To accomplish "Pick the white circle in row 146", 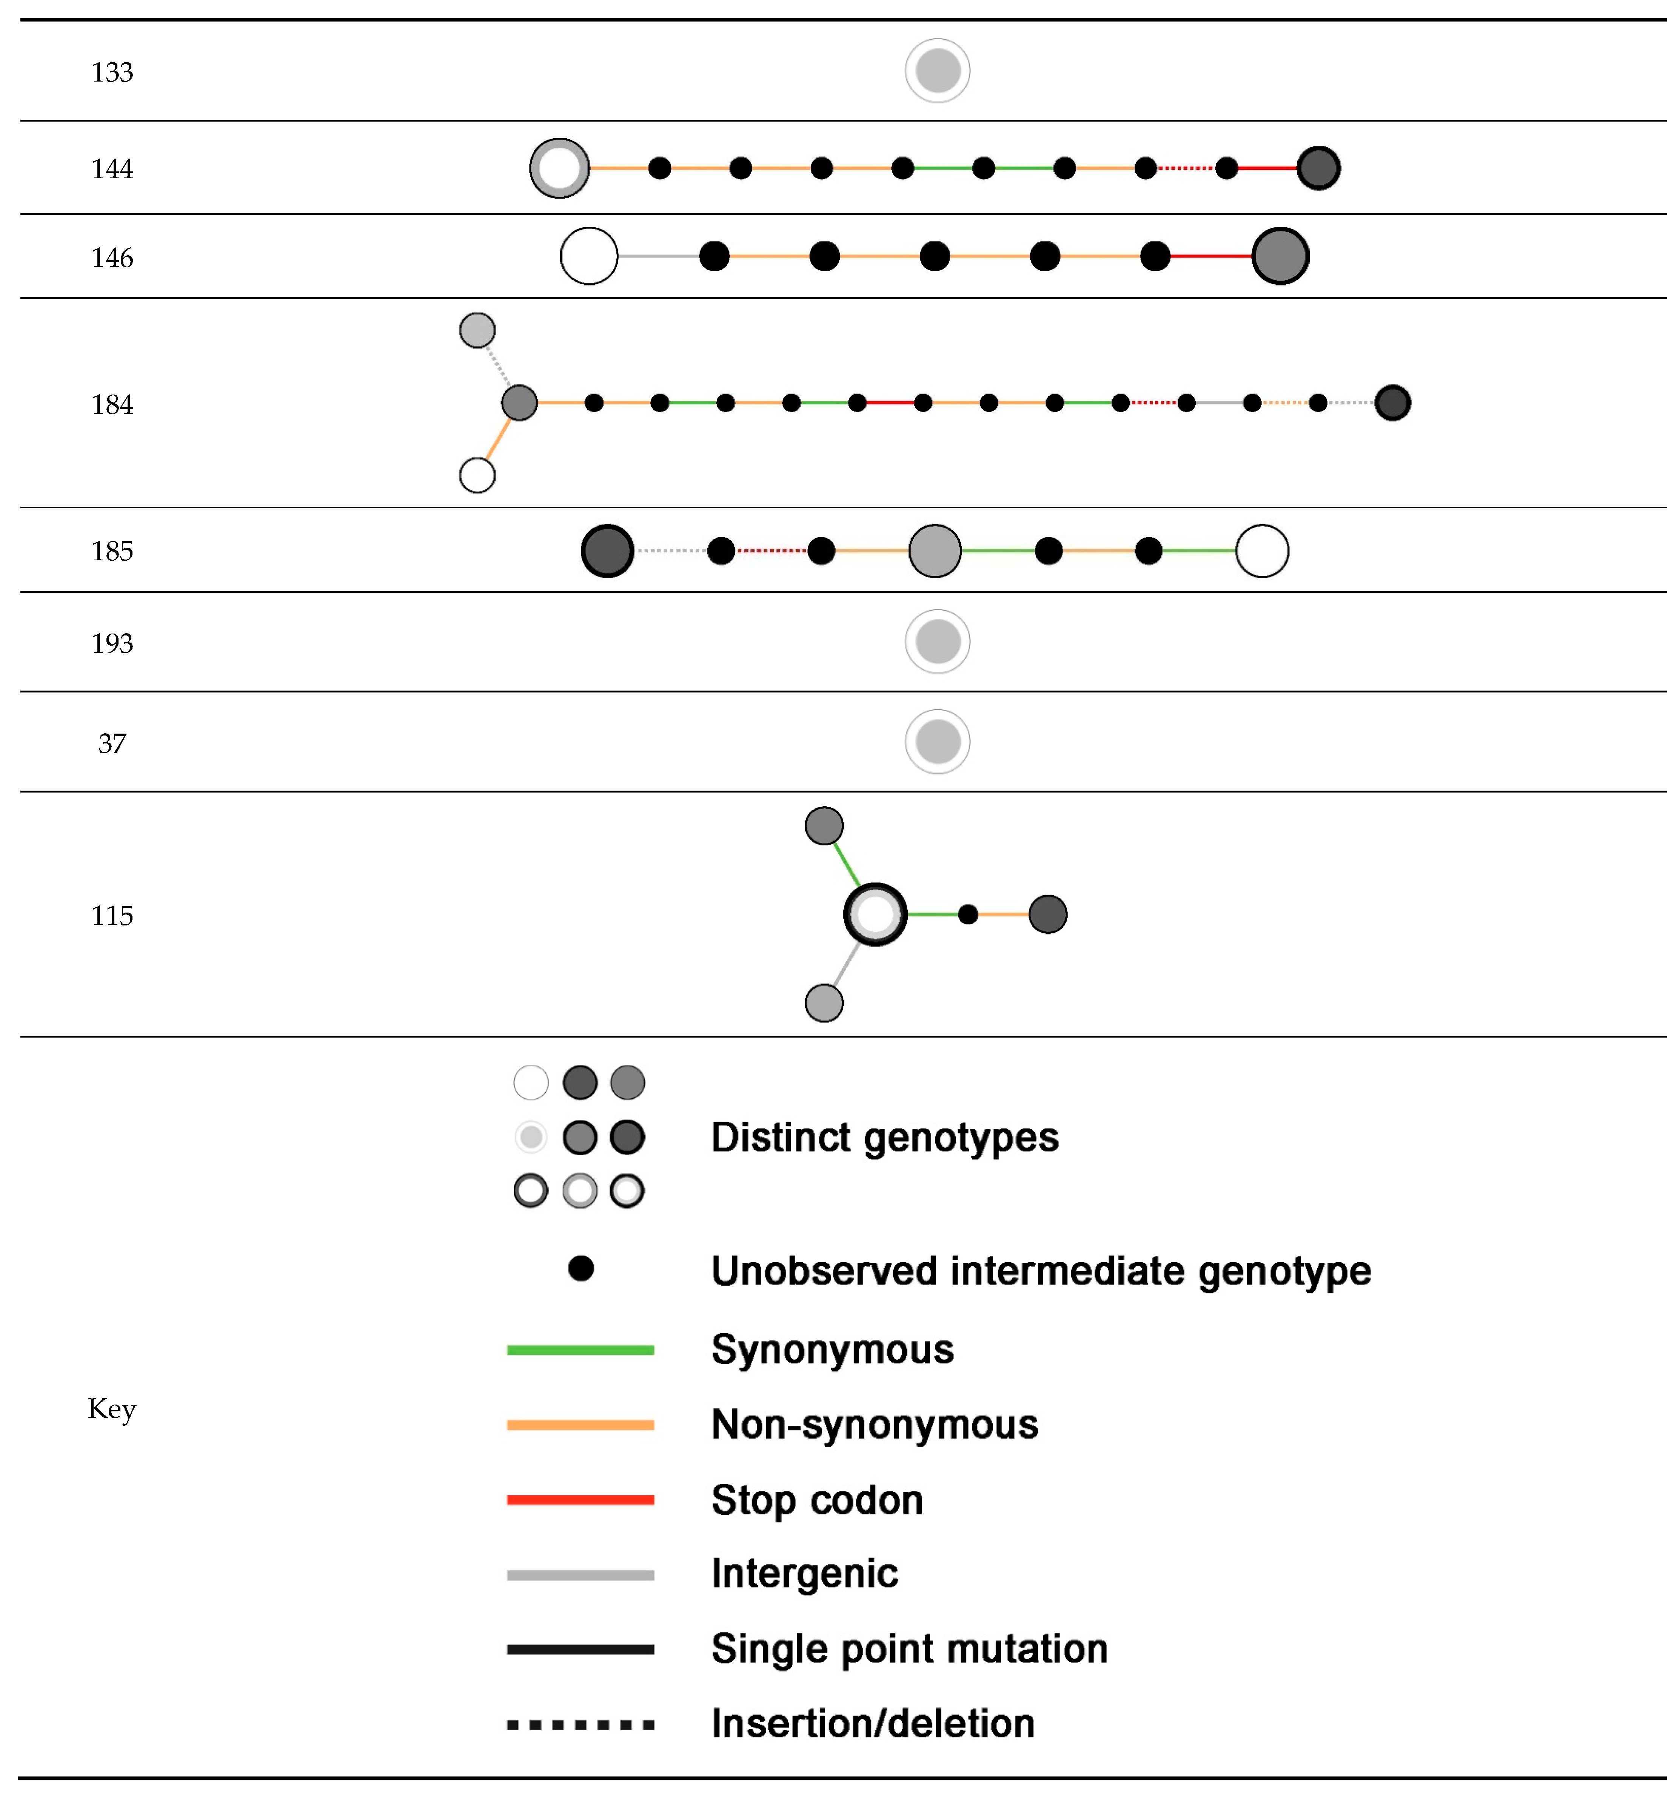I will click(x=589, y=256).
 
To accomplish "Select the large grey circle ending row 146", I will click(x=1280, y=256).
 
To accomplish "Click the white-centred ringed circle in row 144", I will click(x=559, y=168).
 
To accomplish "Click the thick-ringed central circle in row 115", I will click(x=875, y=913).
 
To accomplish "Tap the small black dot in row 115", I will click(x=968, y=914).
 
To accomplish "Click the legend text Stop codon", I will click(x=817, y=1500).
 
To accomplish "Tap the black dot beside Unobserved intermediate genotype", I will click(x=581, y=1268).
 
